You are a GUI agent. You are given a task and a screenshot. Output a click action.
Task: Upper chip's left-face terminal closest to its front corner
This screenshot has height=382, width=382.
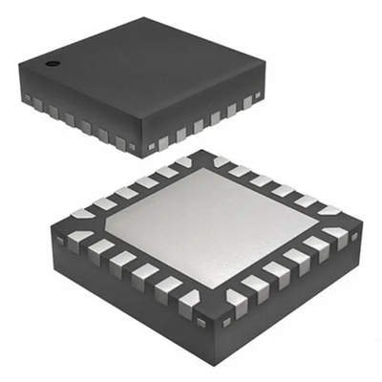121,143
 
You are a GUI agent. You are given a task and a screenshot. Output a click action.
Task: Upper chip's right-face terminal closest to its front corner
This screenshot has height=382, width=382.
163,143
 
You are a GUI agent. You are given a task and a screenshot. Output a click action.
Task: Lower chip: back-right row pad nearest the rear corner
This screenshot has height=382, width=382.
225,160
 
